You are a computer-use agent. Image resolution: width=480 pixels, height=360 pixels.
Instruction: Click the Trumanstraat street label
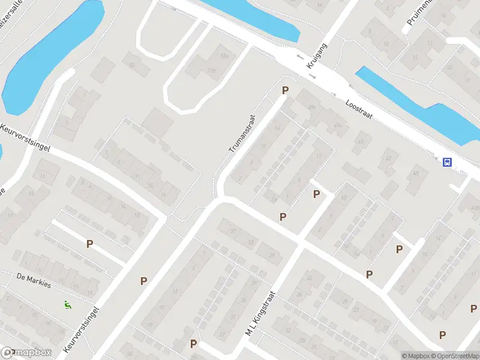(x=242, y=133)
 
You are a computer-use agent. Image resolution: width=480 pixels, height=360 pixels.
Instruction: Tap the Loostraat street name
(x=359, y=112)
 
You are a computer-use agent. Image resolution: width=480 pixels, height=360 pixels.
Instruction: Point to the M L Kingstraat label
(x=260, y=314)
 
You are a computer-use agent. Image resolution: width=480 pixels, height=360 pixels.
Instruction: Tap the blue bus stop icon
(x=447, y=161)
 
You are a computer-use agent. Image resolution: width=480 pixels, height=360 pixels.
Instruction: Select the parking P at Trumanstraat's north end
(x=286, y=90)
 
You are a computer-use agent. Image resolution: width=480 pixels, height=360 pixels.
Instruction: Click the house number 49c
(x=312, y=108)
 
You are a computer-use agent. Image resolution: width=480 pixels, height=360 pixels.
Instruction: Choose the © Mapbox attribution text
(x=415, y=356)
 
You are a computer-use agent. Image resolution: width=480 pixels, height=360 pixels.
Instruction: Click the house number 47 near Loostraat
(x=388, y=158)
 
